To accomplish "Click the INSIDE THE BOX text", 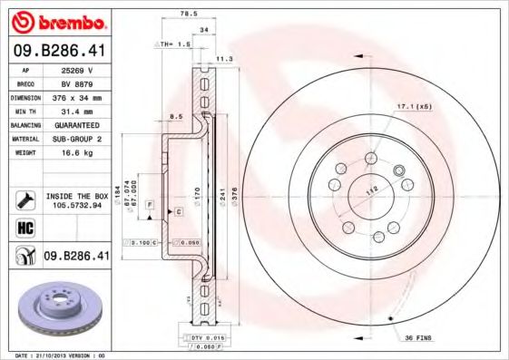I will click(x=76, y=196).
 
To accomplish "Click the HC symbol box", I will click(x=24, y=227).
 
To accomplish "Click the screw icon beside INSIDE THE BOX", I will click(x=24, y=199).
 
